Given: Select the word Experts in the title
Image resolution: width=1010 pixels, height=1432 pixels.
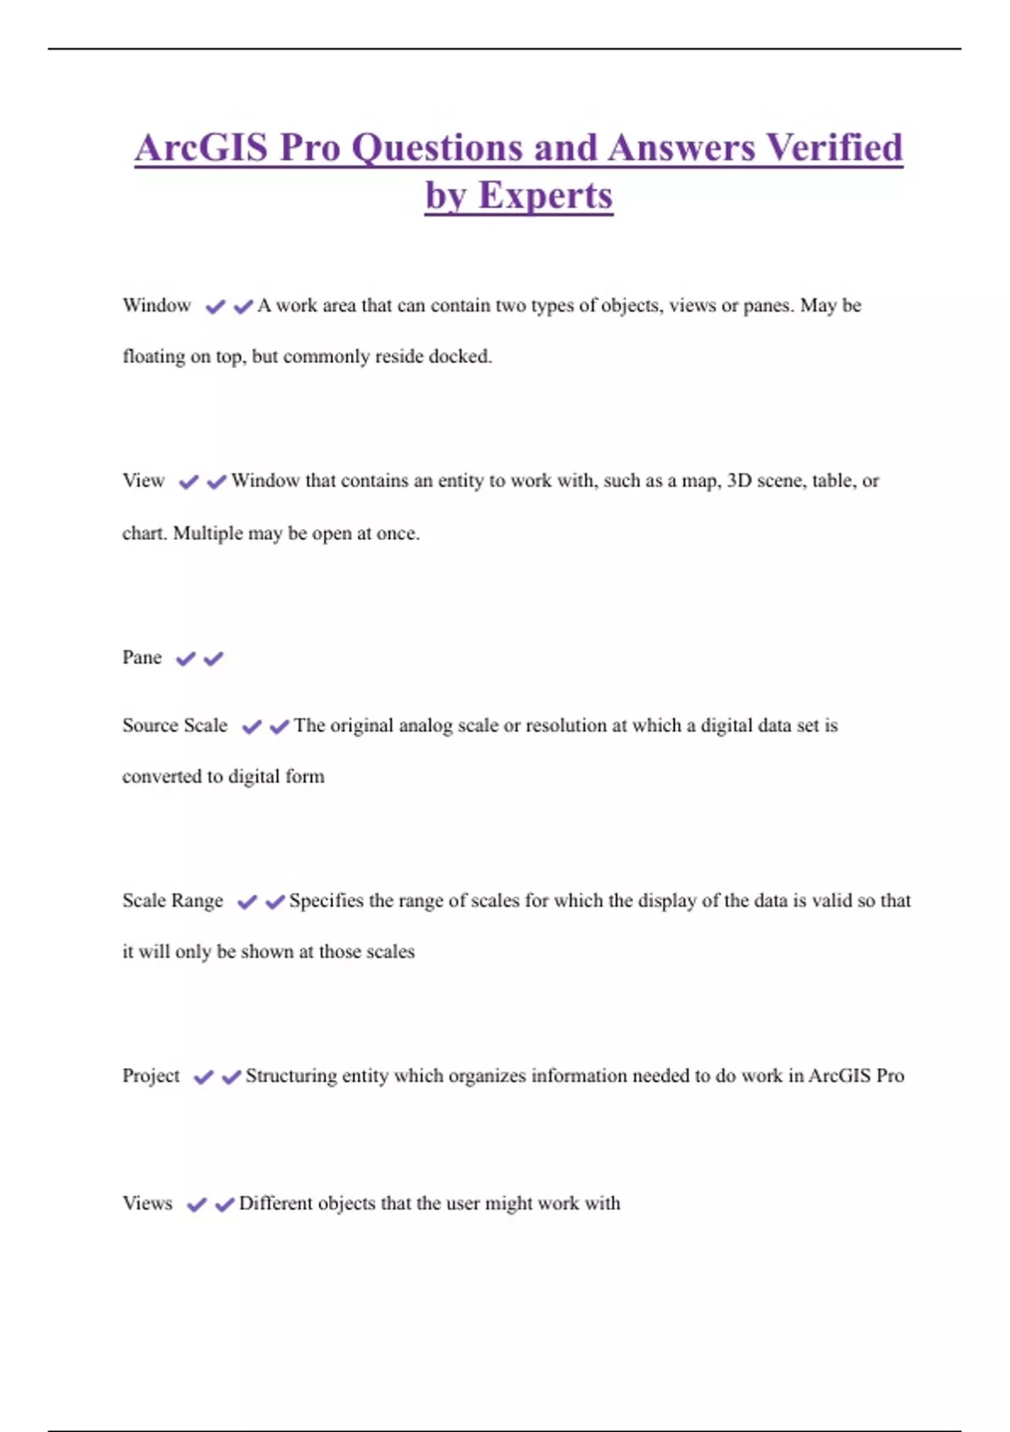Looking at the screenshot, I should click(545, 195).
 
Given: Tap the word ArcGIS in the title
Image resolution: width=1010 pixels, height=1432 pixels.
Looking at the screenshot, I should click(201, 147).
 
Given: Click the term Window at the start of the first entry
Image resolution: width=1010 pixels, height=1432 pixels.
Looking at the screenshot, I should click(157, 306).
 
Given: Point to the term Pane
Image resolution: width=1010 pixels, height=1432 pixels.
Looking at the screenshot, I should click(141, 658).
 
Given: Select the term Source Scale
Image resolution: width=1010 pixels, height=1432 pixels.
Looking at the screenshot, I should click(174, 726).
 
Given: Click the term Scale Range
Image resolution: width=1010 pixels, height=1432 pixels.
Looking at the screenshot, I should click(173, 901).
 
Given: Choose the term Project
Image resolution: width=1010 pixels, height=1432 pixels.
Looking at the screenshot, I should click(151, 1077).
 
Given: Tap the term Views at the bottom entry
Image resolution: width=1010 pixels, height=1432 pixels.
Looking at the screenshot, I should click(147, 1204).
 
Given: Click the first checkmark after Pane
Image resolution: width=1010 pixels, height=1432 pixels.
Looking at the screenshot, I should click(185, 659).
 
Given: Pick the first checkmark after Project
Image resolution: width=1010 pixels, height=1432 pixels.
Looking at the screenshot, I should click(203, 1077).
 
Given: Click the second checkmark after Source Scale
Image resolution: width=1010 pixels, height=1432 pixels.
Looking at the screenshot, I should click(279, 726).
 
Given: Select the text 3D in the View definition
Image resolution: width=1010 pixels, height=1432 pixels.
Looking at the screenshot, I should click(739, 481).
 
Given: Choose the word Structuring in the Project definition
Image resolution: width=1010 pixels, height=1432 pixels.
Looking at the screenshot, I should click(291, 1077).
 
